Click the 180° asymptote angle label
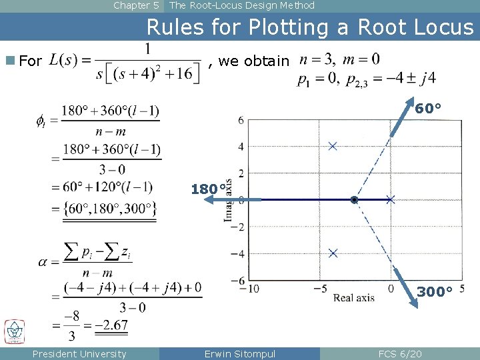tap(207, 189)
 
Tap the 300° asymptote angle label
tap(435, 291)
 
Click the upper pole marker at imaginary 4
tap(333, 146)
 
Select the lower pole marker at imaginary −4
tap(333, 253)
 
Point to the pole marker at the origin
tap(390, 199)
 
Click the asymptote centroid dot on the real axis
tap(354, 199)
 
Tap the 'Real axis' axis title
tap(354, 297)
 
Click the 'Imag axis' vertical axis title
tap(228, 200)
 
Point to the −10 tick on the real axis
tap(251, 288)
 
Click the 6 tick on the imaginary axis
tap(241, 119)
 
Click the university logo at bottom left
tap(14, 331)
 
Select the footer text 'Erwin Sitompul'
tap(239, 354)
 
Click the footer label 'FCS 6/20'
tap(399, 354)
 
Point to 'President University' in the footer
tap(79, 354)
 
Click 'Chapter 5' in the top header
tap(136, 5)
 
